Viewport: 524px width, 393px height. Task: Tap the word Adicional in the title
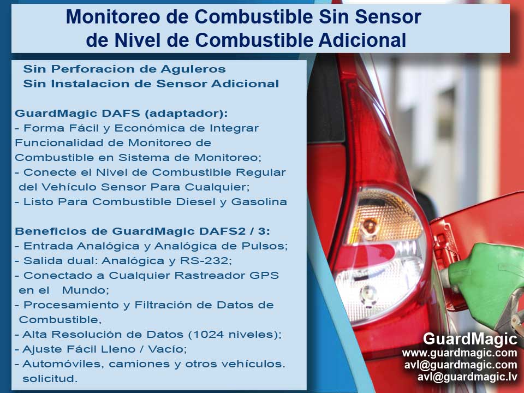coord(362,40)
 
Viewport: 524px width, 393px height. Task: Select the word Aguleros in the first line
coord(193,69)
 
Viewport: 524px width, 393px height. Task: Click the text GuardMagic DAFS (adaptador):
coord(121,114)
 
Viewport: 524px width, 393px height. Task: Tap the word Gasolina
coord(259,202)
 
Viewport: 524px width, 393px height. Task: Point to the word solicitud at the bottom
coord(50,379)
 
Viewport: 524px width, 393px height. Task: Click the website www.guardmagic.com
coord(460,353)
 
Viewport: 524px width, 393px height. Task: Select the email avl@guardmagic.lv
coord(467,377)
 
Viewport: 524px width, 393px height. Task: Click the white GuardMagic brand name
coord(470,338)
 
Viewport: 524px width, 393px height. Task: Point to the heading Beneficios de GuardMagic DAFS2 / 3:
coord(142,231)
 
